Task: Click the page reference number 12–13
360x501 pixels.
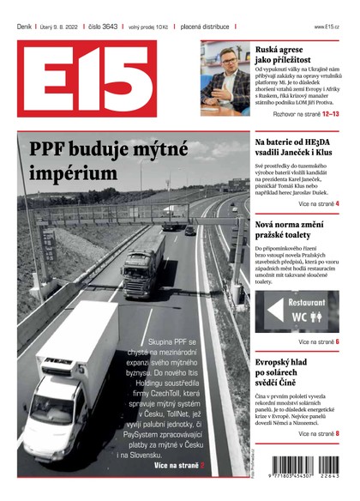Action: coord(328,112)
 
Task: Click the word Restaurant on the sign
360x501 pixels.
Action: coord(306,303)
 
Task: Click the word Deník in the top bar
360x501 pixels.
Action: coord(24,27)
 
